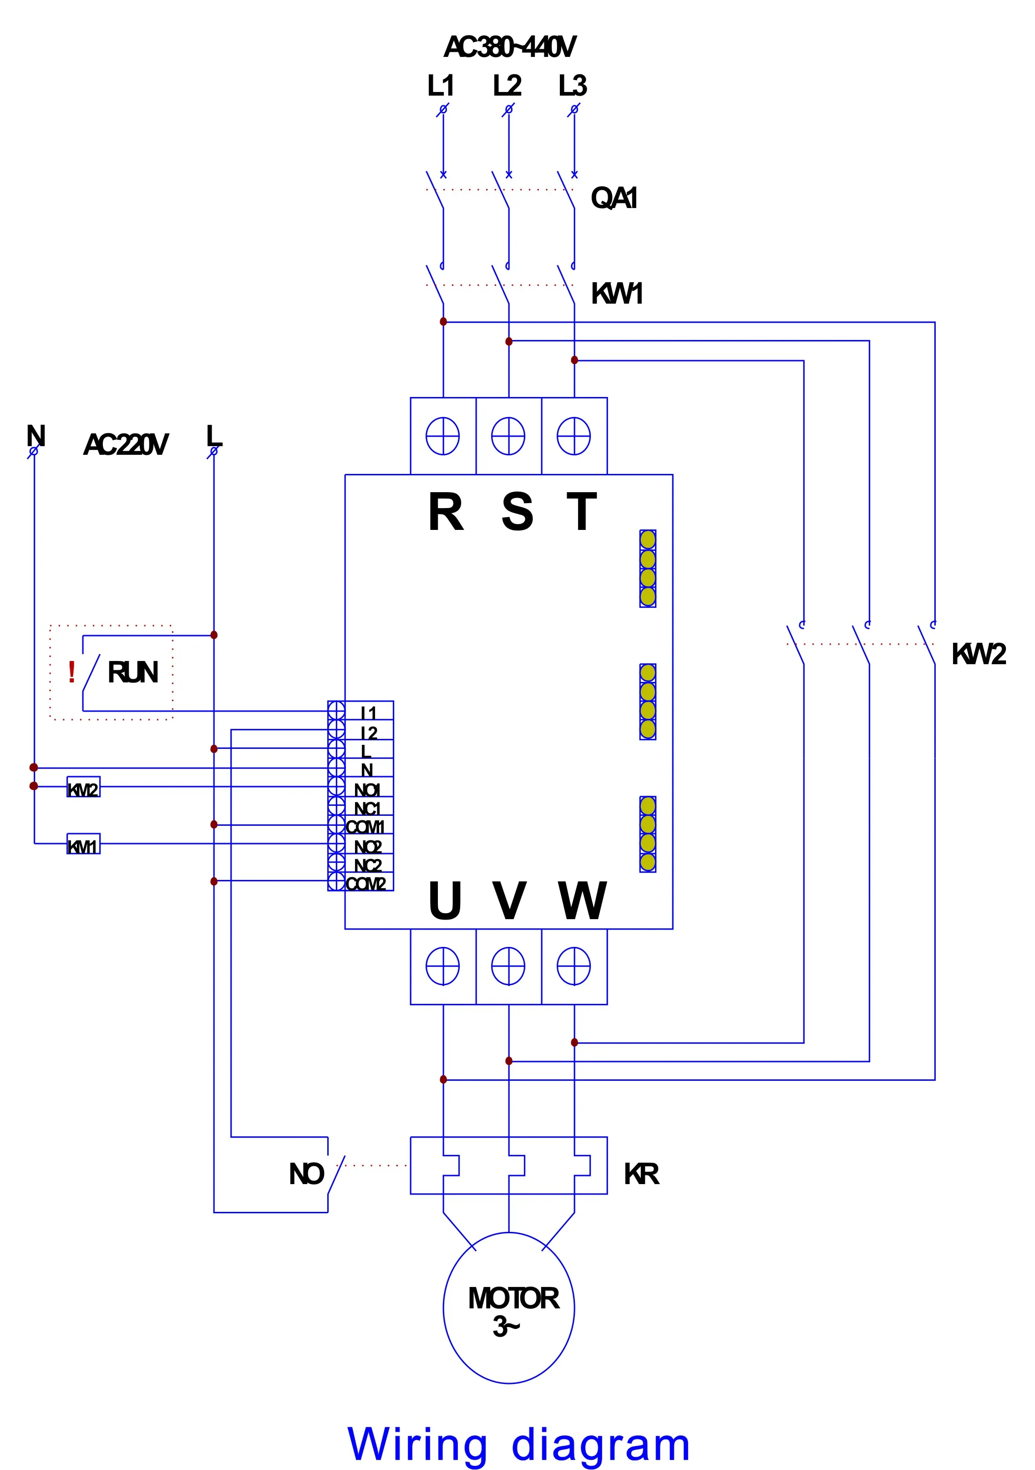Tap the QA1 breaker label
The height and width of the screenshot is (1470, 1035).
point(613,198)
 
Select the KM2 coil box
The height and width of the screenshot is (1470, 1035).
point(83,789)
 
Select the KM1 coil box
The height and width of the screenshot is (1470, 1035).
point(83,846)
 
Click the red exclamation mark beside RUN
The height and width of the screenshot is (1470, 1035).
point(72,672)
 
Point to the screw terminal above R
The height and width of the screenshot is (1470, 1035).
point(443,436)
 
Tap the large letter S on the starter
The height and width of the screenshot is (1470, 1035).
point(517,512)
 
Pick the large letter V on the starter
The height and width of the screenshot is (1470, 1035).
point(509,901)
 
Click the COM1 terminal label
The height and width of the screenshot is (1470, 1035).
point(365,827)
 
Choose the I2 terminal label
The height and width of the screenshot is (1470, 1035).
point(369,732)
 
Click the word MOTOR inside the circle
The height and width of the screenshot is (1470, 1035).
point(513,1299)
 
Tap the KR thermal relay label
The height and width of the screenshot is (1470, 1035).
point(641,1174)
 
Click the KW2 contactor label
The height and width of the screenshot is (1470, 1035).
point(978,654)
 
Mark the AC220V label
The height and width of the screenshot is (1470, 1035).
point(126,444)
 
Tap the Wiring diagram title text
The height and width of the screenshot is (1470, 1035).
point(518,1445)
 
